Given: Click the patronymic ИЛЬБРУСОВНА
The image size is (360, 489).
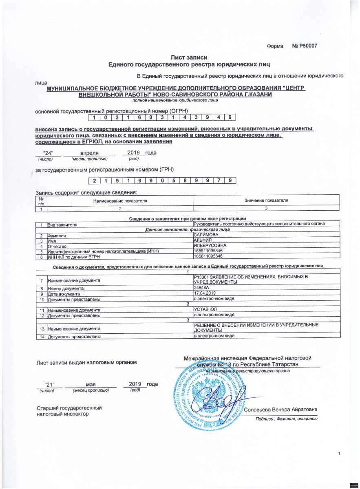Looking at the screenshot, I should (x=209, y=247).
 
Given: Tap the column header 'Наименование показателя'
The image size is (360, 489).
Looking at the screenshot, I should (x=120, y=201).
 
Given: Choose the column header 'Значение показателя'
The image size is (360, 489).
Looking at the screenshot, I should (x=266, y=201).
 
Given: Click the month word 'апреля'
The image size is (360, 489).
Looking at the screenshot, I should (x=89, y=153).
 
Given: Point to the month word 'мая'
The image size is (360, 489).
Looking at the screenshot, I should (x=91, y=384).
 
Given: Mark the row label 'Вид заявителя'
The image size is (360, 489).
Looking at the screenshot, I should (x=62, y=225).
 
